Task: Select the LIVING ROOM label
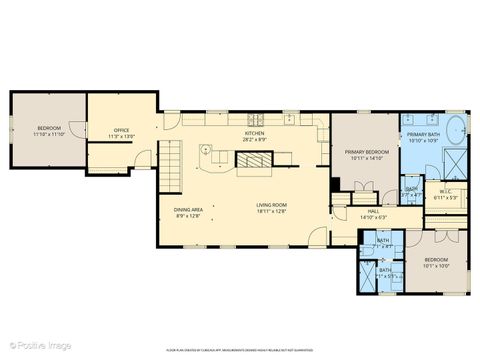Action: pos(271,207)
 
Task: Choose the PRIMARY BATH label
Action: pos(423,136)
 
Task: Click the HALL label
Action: pos(372,212)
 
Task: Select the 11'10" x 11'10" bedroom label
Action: pos(48,130)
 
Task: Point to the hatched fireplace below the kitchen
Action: pos(281,156)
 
